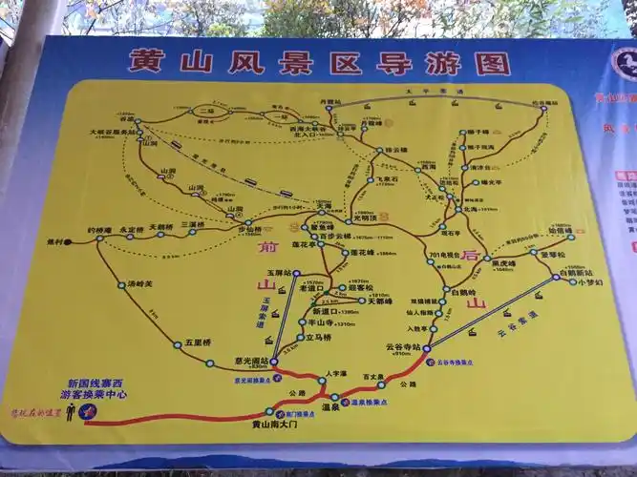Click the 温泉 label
click(332, 407)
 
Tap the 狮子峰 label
click(478, 130)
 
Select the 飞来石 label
click(386, 178)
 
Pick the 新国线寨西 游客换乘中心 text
click(92, 386)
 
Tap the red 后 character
click(468, 255)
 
